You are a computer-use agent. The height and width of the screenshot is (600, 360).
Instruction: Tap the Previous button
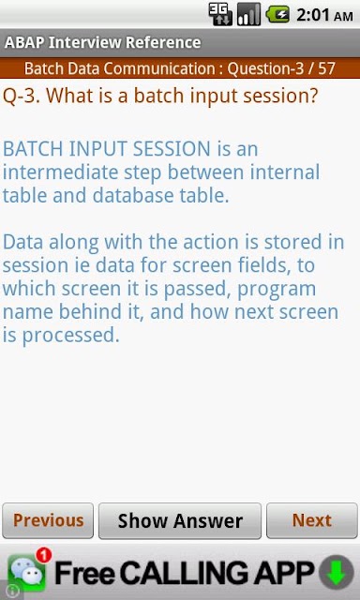(x=48, y=520)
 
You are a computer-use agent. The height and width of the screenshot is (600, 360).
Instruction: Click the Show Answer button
(x=180, y=520)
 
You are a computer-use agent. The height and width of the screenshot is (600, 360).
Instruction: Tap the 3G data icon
(x=220, y=15)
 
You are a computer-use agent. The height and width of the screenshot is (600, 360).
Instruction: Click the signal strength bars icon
(x=248, y=15)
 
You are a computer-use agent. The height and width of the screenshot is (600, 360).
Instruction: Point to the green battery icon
(x=277, y=15)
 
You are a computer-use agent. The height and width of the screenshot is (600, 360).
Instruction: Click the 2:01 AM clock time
(x=324, y=15)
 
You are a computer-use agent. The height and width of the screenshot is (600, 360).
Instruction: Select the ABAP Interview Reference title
(x=102, y=42)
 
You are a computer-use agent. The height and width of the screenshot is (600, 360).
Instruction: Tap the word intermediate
(x=60, y=172)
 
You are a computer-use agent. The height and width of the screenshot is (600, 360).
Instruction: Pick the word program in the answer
(x=277, y=290)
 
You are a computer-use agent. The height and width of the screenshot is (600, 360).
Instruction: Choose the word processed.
(x=68, y=336)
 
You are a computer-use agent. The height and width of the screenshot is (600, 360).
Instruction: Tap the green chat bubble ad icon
(x=26, y=573)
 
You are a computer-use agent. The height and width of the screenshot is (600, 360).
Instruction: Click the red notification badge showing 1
(x=44, y=556)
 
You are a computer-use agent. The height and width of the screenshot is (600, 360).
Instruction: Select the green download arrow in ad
(x=337, y=573)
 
